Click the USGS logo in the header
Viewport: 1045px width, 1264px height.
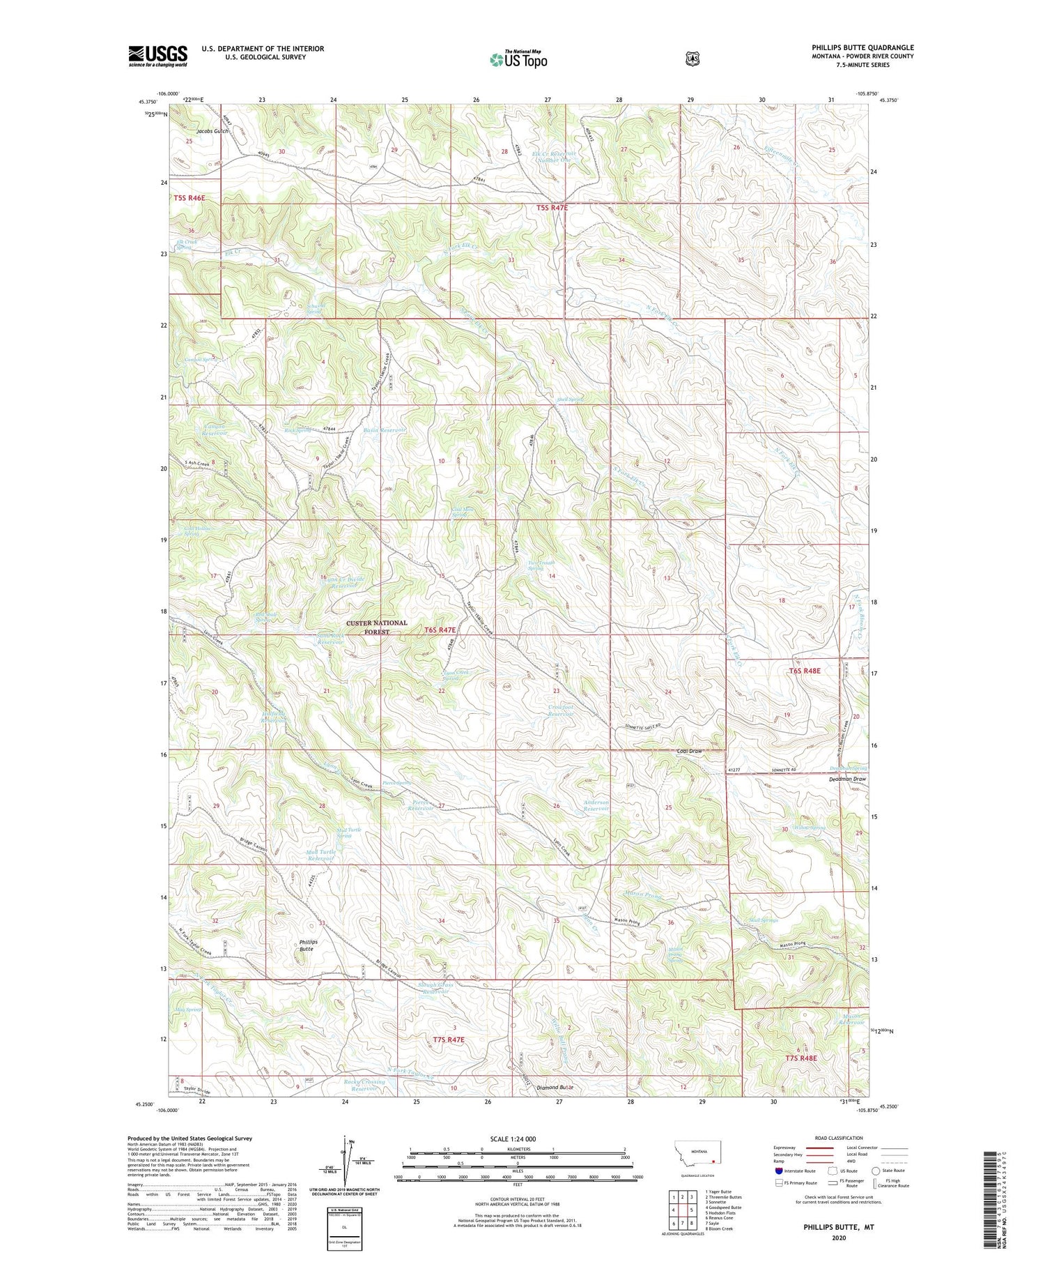[157, 56]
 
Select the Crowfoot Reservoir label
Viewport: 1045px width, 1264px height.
[561, 710]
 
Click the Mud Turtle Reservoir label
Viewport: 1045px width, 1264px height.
[320, 855]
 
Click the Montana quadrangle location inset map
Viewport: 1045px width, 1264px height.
[697, 1154]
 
